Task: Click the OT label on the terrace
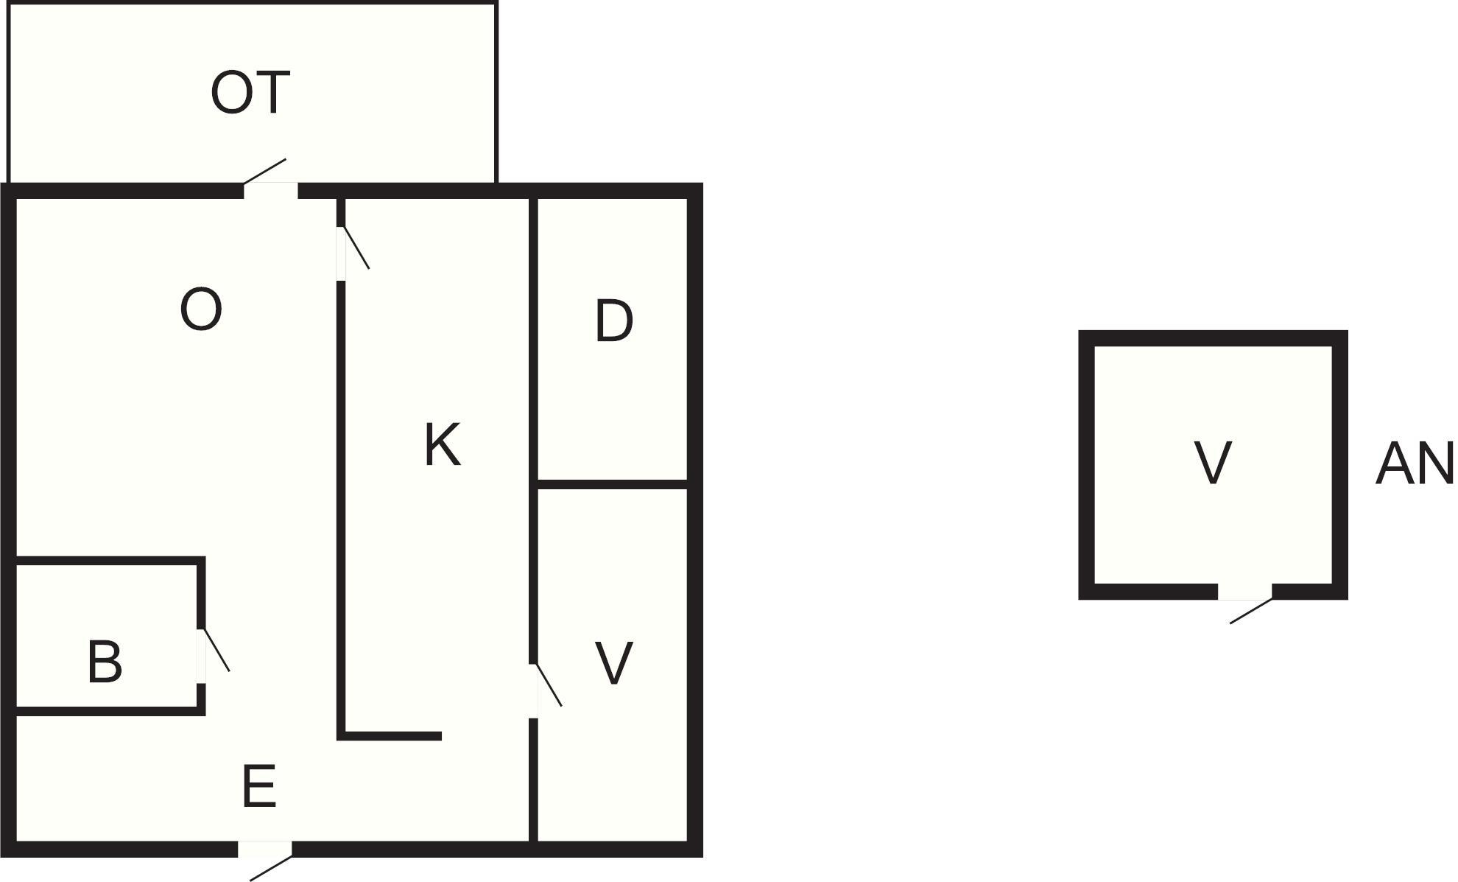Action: (250, 93)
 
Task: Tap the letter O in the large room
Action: (201, 309)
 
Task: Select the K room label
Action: (443, 444)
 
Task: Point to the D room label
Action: (613, 321)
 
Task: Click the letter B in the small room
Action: (105, 662)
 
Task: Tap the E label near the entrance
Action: (258, 786)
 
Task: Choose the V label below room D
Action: (613, 663)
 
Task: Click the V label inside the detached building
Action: (1212, 463)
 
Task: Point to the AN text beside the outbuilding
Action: (1415, 463)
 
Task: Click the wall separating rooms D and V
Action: (613, 484)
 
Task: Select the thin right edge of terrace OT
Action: (497, 92)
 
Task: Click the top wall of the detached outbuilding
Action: (1213, 338)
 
